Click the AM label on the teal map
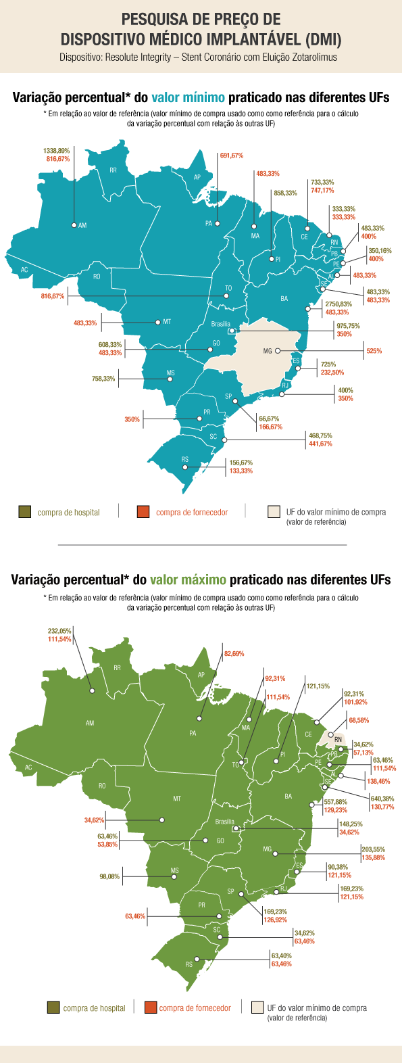(x=82, y=225)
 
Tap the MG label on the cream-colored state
(x=268, y=352)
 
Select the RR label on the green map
(x=118, y=668)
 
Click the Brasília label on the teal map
(x=220, y=325)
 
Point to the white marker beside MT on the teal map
(x=157, y=322)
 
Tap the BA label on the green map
(x=288, y=797)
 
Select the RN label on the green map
(x=338, y=739)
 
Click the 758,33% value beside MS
(x=103, y=379)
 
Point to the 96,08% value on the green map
(x=109, y=877)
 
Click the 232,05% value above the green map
(x=59, y=630)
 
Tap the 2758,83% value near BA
(x=338, y=304)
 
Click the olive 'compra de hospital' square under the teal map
(x=25, y=513)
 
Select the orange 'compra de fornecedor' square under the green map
(x=151, y=1008)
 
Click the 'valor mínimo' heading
(x=188, y=98)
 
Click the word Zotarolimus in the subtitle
(x=313, y=57)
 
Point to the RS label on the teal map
(x=185, y=460)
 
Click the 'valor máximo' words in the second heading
(x=188, y=580)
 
